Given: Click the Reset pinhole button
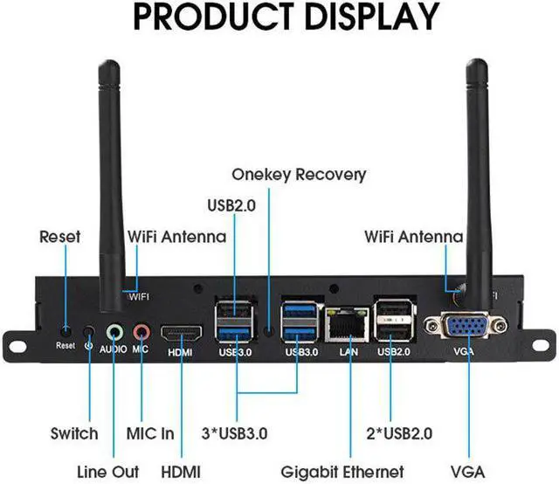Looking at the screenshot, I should (66, 331).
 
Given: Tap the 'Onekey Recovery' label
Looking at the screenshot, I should (299, 175).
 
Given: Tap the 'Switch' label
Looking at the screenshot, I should (74, 433).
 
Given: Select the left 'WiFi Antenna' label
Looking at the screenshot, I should (176, 236).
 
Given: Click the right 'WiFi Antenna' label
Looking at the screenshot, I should (414, 236).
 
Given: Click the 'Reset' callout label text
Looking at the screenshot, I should (60, 236).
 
